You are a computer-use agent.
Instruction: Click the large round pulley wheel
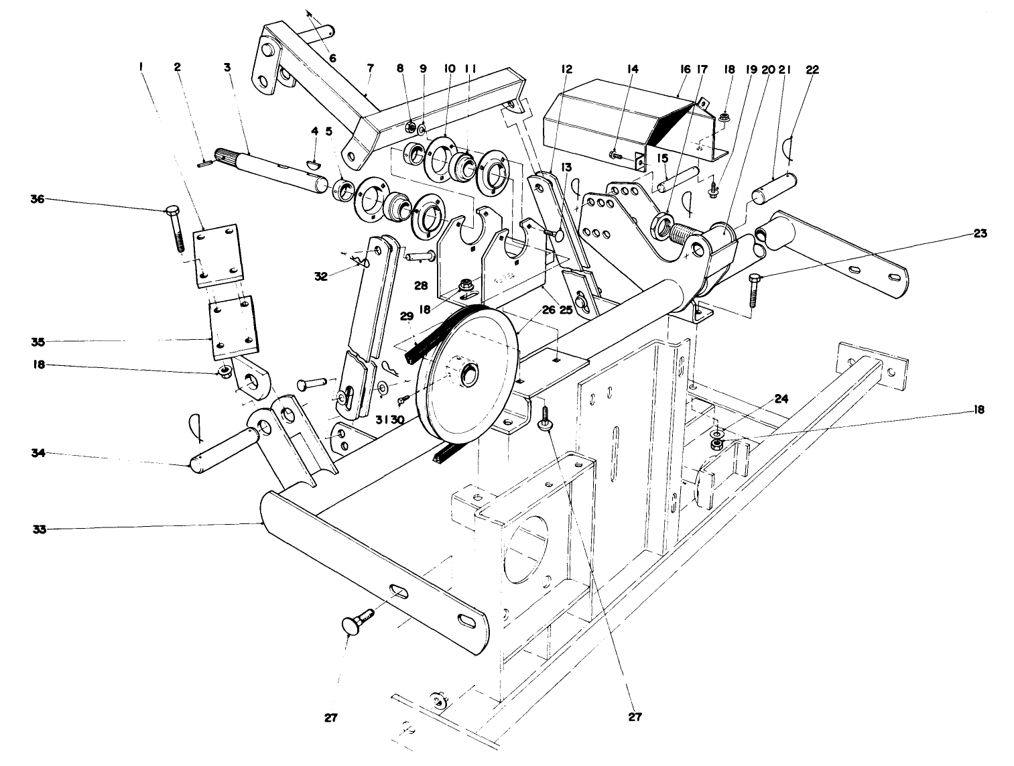(469, 375)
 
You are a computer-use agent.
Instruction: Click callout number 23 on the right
(980, 235)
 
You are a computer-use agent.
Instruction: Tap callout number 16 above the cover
(684, 70)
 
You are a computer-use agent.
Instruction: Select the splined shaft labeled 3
(268, 168)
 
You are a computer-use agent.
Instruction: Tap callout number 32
(321, 275)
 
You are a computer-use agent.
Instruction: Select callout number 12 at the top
(567, 70)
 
